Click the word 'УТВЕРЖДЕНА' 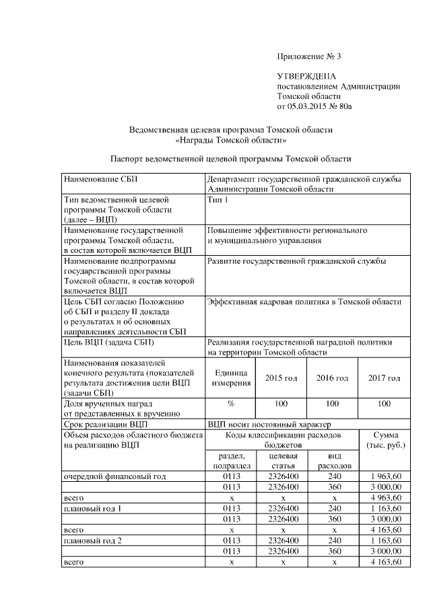pyautogui.click(x=306, y=77)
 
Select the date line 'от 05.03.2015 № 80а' pyautogui.click(x=314, y=106)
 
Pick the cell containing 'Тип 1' pyautogui.click(x=217, y=201)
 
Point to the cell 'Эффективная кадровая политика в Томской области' pyautogui.click(x=305, y=302)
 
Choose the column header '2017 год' pyautogui.click(x=384, y=378)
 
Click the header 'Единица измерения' pyautogui.click(x=230, y=378)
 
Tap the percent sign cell pyautogui.click(x=230, y=404)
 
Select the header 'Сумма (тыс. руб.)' pyautogui.click(x=384, y=441)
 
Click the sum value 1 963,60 pyautogui.click(x=387, y=476)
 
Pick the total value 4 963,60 pyautogui.click(x=387, y=497)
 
